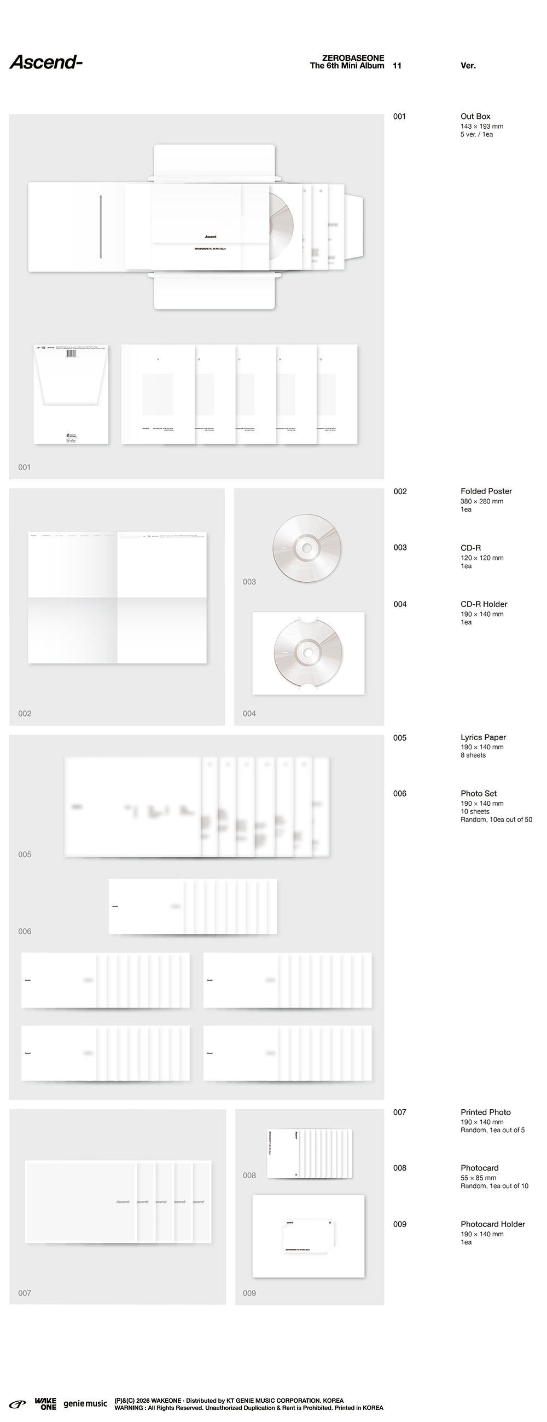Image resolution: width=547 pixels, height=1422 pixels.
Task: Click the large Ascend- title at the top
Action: pyautogui.click(x=46, y=62)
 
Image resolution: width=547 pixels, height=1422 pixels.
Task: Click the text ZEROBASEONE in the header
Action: pyautogui.click(x=353, y=58)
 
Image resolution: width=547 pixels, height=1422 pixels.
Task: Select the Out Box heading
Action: pyautogui.click(x=475, y=117)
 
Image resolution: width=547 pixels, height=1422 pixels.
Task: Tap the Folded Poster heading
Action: pyautogui.click(x=486, y=491)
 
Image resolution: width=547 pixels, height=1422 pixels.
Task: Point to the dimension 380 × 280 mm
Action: pyautogui.click(x=481, y=501)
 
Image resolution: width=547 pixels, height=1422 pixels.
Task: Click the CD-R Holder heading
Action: pyautogui.click(x=484, y=605)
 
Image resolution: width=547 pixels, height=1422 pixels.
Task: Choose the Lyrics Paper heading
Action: pyautogui.click(x=483, y=737)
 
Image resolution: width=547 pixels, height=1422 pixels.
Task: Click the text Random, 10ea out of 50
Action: pyautogui.click(x=496, y=820)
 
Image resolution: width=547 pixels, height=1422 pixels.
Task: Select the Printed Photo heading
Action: pyautogui.click(x=485, y=1113)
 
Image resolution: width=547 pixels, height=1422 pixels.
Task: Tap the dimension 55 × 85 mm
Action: pyautogui.click(x=478, y=1178)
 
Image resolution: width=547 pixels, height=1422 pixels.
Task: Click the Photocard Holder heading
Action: pyautogui.click(x=492, y=1224)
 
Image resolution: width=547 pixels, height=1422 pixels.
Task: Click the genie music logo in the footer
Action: pyautogui.click(x=85, y=1403)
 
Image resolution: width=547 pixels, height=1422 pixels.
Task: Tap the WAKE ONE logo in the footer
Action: pyautogui.click(x=45, y=1403)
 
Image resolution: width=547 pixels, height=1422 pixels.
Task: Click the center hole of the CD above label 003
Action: pyautogui.click(x=306, y=548)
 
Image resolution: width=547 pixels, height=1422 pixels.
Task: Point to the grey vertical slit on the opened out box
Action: pyautogui.click(x=101, y=226)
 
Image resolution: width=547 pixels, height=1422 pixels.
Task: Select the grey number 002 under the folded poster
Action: pyautogui.click(x=25, y=714)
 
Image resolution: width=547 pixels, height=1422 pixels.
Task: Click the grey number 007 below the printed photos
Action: pyautogui.click(x=25, y=1293)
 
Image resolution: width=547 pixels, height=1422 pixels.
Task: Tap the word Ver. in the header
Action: pyautogui.click(x=468, y=66)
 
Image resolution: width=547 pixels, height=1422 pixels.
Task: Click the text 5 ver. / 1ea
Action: pyautogui.click(x=476, y=135)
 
